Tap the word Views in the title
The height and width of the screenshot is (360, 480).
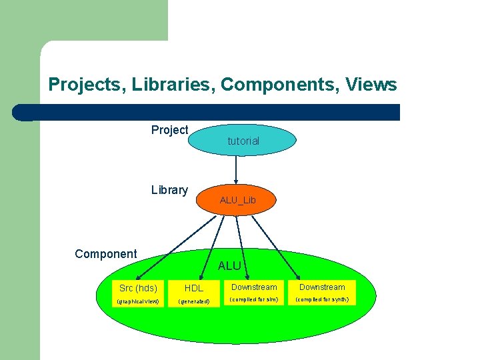coord(371,85)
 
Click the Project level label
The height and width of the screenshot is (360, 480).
coord(169,130)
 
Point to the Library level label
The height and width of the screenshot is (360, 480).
coord(169,190)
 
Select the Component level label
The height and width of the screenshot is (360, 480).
coord(105,254)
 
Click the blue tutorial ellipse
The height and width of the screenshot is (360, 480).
coord(243,141)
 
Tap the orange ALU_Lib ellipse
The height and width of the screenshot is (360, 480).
coord(237,200)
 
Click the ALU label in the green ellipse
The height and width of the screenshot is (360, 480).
coord(229,266)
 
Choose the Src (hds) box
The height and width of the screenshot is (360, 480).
coord(138,289)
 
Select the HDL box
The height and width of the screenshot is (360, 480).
coord(194,289)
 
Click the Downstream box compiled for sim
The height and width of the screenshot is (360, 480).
coord(254,287)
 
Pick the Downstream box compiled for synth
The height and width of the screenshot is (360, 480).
coord(322,287)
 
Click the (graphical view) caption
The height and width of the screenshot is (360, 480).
coord(138,301)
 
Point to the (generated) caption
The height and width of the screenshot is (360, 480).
coord(194,301)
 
